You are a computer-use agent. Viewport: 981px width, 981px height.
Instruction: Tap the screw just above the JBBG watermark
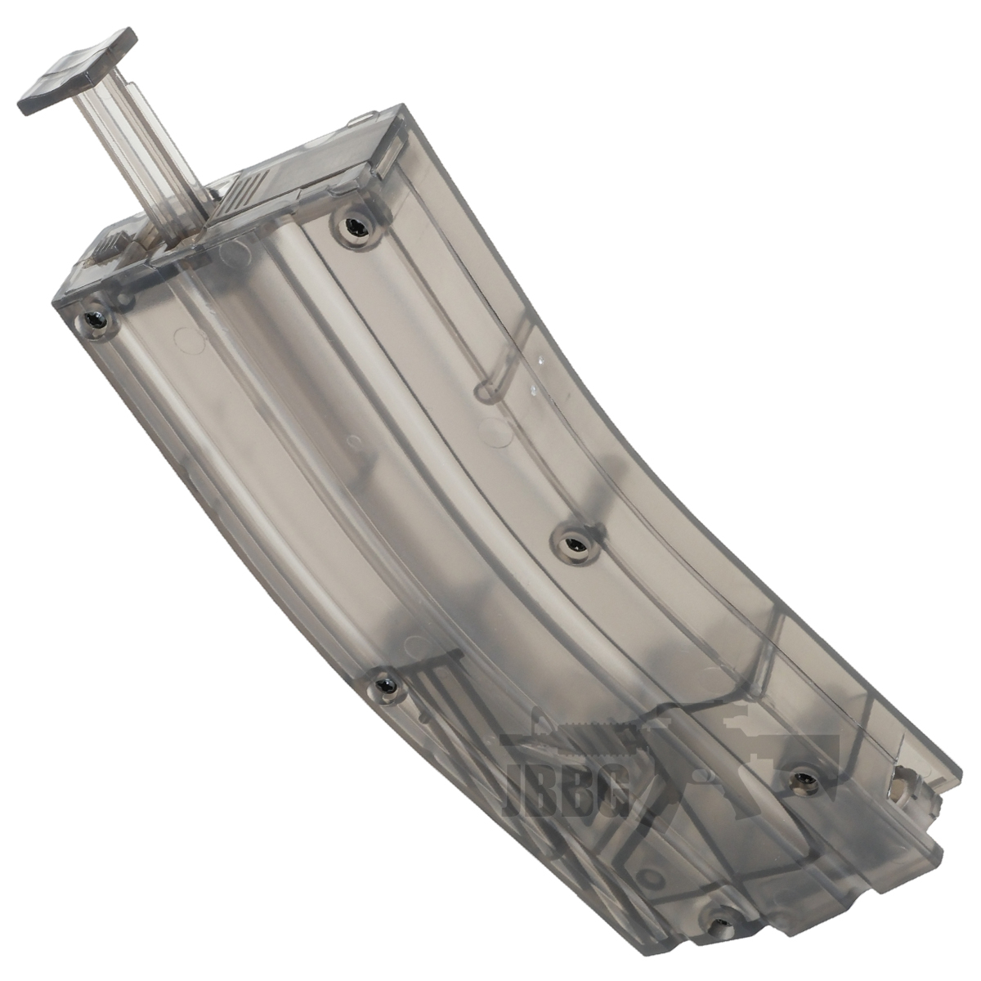click(x=386, y=681)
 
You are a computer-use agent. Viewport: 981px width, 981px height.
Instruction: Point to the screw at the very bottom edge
click(x=720, y=907)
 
